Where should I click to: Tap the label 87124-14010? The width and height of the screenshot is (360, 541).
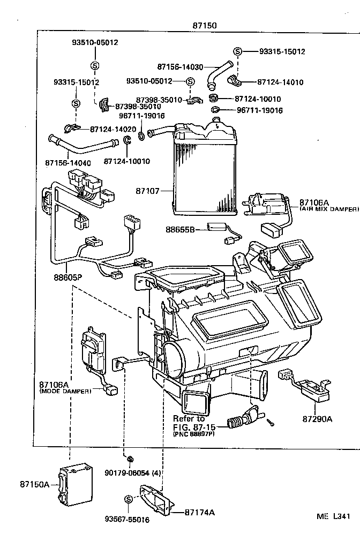280,82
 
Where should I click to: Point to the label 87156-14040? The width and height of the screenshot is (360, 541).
69,161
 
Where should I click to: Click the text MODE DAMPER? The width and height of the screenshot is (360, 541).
65,391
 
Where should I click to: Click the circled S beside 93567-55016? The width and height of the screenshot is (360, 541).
129,499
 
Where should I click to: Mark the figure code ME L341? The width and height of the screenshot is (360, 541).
333,517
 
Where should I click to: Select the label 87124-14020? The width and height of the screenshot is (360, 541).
113,129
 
